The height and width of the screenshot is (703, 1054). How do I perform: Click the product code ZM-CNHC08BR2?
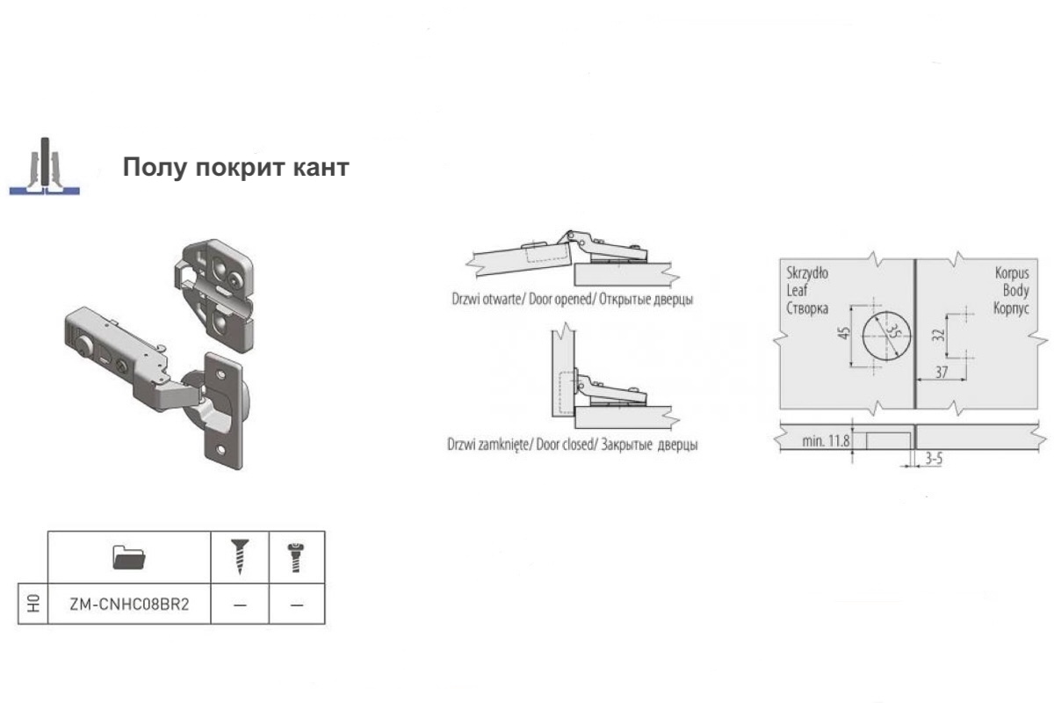[x=129, y=604]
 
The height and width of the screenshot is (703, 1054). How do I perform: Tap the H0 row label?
[x=33, y=604]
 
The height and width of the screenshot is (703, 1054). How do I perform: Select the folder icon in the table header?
[x=129, y=557]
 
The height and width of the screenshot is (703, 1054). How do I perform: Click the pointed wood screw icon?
[x=240, y=557]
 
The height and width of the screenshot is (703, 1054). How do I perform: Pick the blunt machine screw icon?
[x=295, y=558]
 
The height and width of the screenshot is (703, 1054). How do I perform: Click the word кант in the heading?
[x=321, y=167]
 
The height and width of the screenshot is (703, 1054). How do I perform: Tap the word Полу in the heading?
[x=155, y=167]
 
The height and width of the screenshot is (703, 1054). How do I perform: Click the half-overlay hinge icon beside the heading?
[x=45, y=166]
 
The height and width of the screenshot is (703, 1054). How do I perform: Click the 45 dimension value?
[x=845, y=333]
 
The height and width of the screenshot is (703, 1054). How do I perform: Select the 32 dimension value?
[x=938, y=335]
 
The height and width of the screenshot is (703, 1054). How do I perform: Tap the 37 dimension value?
[x=942, y=373]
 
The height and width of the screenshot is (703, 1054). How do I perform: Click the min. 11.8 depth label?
[x=826, y=441]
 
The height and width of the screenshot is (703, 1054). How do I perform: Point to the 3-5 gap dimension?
[x=934, y=458]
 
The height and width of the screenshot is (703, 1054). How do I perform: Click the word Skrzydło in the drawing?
[x=807, y=272]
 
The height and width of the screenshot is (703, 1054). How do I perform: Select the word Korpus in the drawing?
[x=1012, y=273]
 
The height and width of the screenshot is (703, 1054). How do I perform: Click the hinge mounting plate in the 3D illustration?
[x=215, y=294]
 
